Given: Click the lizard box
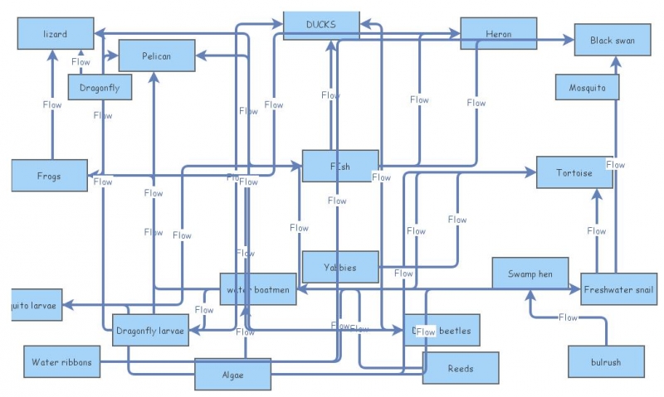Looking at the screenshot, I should pyautogui.click(x=55, y=34).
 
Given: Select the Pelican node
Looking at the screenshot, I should pyautogui.click(x=157, y=56).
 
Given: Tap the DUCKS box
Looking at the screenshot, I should pyautogui.click(x=321, y=25).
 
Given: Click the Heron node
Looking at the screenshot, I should pyautogui.click(x=498, y=34).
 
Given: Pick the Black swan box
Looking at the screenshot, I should pyautogui.click(x=612, y=40).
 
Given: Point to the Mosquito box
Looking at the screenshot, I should pyautogui.click(x=588, y=87).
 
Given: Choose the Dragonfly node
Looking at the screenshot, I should pyautogui.click(x=100, y=87).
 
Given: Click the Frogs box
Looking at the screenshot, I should pyautogui.click(x=49, y=176).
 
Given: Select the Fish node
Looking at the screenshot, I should pyautogui.click(x=340, y=166).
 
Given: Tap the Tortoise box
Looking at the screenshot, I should pyautogui.click(x=574, y=172).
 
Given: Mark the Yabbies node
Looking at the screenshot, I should pyautogui.click(x=340, y=267).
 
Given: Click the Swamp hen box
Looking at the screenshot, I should pyautogui.click(x=530, y=274).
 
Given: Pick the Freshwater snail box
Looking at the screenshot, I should pyautogui.click(x=619, y=289).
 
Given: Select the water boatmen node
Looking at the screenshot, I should pyautogui.click(x=258, y=289).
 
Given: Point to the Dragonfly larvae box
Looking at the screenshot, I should pyautogui.click(x=150, y=331).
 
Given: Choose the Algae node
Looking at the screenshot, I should pyautogui.click(x=233, y=375).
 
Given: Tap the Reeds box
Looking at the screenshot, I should pyautogui.click(x=461, y=368).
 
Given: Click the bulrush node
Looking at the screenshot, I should pyautogui.click(x=606, y=362).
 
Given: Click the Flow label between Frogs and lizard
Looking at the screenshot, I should pyautogui.click(x=52, y=104).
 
